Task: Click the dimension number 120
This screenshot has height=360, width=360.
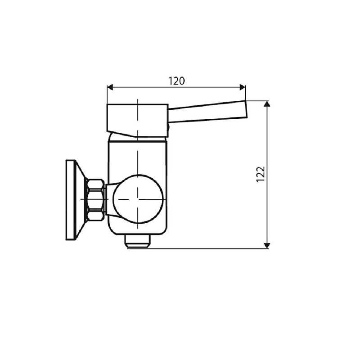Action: [176, 81]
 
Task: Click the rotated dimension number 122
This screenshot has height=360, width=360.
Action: [261, 175]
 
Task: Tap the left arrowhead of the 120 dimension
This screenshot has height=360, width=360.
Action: [110, 87]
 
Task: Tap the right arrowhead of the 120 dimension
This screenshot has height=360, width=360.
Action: [243, 87]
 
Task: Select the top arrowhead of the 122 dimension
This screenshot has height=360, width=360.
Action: [267, 104]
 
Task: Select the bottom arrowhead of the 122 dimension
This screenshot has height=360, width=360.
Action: [267, 245]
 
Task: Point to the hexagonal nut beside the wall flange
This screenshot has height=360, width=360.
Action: [95, 199]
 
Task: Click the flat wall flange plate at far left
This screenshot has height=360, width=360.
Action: [70, 199]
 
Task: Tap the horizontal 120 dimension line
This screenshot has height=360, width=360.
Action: [148, 87]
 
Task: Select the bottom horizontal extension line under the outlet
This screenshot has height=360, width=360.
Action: [202, 248]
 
